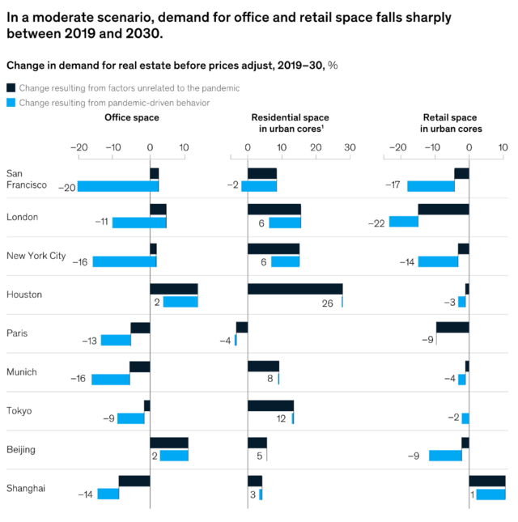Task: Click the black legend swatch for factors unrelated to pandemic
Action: pos(11,87)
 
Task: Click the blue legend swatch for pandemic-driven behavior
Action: pos(11,103)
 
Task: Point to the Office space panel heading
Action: pos(132,117)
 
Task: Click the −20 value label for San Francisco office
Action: pos(67,187)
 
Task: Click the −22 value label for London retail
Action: pos(376,223)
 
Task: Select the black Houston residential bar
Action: pos(295,289)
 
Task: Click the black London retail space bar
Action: pos(444,210)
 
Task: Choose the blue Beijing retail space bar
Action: pos(445,455)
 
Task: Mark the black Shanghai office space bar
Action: pos(134,481)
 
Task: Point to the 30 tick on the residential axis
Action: pos(349,148)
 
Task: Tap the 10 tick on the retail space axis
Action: pos(503,148)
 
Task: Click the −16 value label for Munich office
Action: pos(78,379)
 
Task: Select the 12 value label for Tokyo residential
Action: pos(282,418)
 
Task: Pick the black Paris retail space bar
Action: pos(452,327)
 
